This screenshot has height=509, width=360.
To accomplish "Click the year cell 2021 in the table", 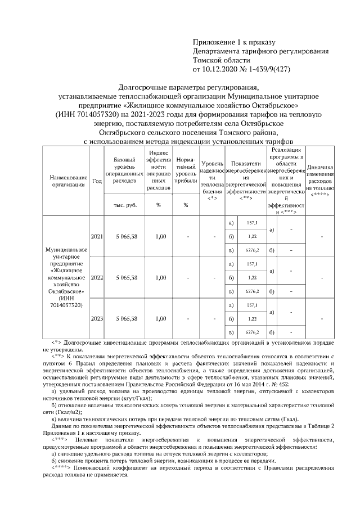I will coord(97,237).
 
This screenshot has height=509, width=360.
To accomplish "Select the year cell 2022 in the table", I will coord(97,277).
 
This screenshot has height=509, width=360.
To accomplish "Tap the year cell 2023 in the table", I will coord(97,318).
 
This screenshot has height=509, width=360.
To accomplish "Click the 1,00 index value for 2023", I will coord(160,318).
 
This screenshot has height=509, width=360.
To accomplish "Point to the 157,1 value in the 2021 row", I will coord(253,223).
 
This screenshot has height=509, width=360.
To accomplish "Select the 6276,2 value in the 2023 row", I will coord(253,332).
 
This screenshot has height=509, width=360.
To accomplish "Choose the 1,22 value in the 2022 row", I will coord(253,277).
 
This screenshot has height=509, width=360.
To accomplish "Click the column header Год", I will coord(97,181).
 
